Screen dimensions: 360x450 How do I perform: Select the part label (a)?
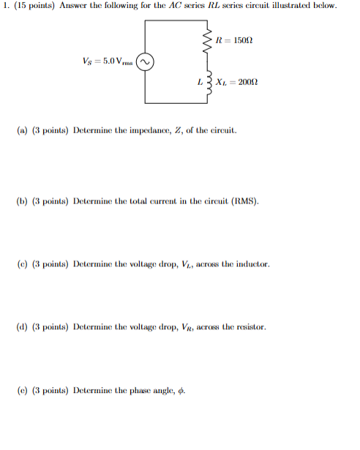(22, 133)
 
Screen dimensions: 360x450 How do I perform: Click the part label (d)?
(22, 327)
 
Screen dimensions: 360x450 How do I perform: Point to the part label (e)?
(22, 391)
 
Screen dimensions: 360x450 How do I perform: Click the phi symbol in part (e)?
(181, 391)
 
